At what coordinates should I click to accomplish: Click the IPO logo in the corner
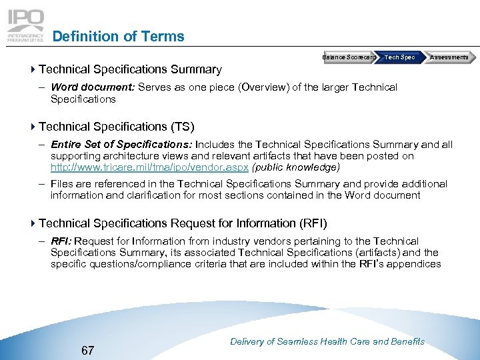coord(25,25)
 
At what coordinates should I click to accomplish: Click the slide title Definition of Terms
coord(118,37)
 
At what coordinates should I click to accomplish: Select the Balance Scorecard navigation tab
coord(349,57)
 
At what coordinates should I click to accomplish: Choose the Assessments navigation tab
coord(448,57)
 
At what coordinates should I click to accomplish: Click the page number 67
coord(87,350)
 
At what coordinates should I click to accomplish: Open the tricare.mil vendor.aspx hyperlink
coord(149,167)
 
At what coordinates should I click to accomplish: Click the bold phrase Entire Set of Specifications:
coord(121,144)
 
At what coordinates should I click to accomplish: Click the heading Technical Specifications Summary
coord(130,69)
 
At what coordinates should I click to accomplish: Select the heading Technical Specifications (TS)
coord(117,127)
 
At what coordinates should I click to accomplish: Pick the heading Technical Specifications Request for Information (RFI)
coord(183,223)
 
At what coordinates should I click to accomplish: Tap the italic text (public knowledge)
coord(295,167)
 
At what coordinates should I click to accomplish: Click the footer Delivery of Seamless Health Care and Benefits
coord(327,341)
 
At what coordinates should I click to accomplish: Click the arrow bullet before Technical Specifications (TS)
coord(33,127)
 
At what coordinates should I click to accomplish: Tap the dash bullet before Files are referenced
coord(41,184)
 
